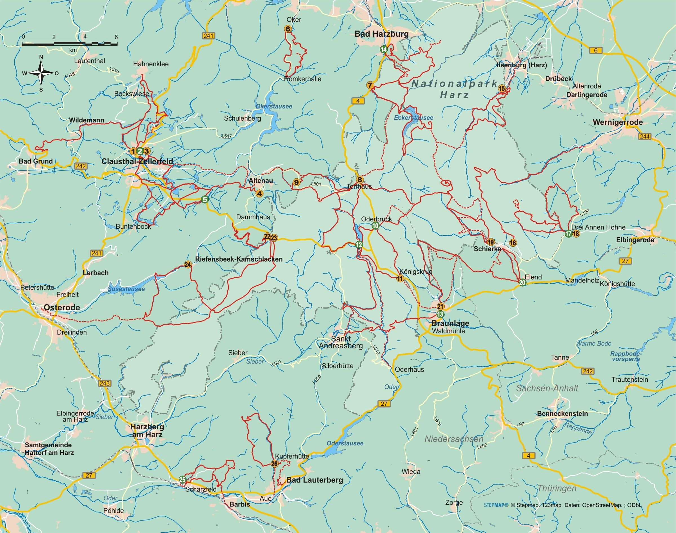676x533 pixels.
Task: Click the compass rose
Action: click(x=41, y=74)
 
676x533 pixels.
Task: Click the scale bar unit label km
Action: click(x=73, y=50)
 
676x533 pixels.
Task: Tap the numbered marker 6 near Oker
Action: click(x=288, y=29)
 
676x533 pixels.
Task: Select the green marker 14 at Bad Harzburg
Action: click(x=384, y=50)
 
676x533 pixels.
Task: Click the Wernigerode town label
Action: click(x=617, y=122)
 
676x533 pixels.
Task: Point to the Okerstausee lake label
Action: click(x=274, y=107)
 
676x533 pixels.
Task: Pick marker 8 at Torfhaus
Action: click(x=360, y=180)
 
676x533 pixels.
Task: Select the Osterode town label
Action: click(x=62, y=308)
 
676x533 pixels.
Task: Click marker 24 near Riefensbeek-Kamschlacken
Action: click(x=187, y=265)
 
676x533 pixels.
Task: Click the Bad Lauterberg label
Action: click(x=314, y=480)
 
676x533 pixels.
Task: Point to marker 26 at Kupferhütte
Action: click(x=274, y=464)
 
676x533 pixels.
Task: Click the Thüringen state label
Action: click(x=557, y=488)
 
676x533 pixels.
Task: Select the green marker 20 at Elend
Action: click(x=522, y=283)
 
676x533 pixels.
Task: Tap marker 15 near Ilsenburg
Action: click(x=501, y=88)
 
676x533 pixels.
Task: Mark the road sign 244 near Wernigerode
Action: click(x=644, y=136)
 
